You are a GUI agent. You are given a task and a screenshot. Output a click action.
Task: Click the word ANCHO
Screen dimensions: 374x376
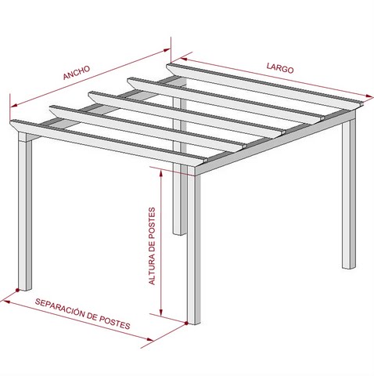click(77, 72)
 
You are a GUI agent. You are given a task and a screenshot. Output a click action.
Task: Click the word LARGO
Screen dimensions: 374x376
click(280, 68)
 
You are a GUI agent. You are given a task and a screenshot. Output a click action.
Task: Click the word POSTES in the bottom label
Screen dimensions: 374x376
click(114, 323)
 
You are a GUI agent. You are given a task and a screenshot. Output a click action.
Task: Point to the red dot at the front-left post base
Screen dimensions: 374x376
click(17, 290)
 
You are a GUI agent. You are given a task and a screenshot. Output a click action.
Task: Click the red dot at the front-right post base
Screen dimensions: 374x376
click(186, 323)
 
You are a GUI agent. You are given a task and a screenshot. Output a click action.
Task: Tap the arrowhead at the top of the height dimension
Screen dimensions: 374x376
click(161, 174)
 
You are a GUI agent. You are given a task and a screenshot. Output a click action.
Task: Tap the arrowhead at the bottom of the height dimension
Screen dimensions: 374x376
click(161, 313)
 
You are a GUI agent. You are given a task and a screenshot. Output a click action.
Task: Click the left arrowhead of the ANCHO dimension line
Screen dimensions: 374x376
click(14, 105)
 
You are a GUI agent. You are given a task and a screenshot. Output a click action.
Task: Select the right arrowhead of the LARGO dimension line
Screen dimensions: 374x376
click(369, 96)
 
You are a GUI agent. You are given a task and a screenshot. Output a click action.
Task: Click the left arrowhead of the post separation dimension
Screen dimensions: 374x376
click(6, 302)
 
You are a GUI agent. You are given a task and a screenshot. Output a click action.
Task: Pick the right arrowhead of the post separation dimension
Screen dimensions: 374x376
click(150, 339)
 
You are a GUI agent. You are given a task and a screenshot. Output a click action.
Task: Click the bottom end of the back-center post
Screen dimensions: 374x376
click(179, 234)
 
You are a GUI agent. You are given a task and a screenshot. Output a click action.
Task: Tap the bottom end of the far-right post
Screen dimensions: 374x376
click(349, 268)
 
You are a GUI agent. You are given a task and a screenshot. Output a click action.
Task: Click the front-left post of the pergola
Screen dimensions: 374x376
click(25, 212)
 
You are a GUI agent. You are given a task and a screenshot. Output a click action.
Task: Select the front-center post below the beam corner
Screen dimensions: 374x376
click(194, 249)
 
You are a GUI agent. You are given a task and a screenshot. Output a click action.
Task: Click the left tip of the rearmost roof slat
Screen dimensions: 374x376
click(167, 66)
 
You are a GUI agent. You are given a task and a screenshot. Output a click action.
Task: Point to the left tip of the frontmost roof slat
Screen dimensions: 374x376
click(10, 122)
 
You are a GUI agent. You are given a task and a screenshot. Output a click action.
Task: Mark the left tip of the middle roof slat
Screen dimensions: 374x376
click(88, 94)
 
